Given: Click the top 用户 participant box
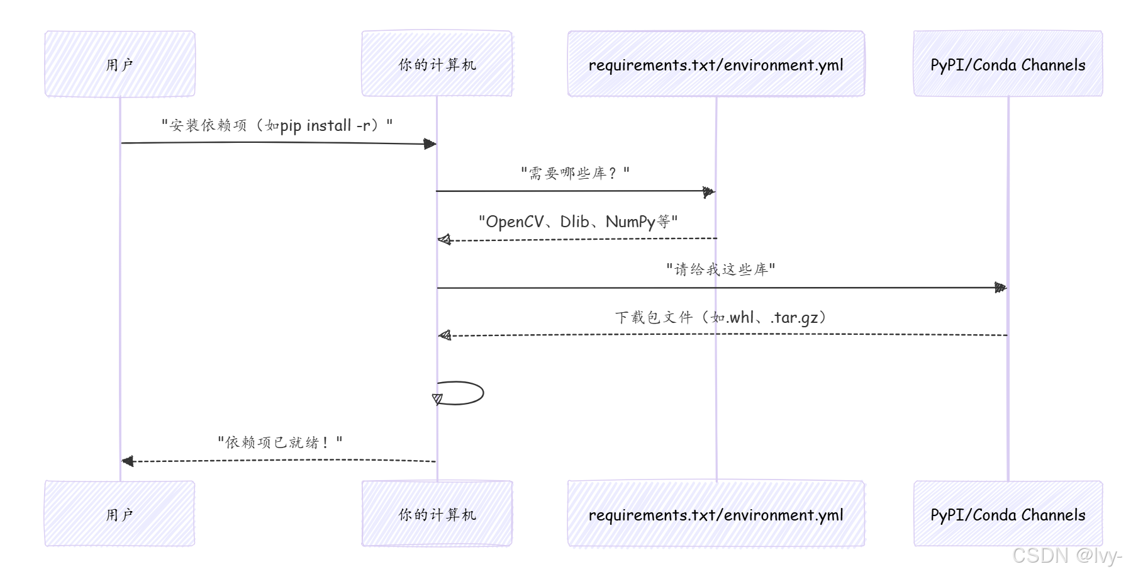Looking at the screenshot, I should pyautogui.click(x=120, y=64).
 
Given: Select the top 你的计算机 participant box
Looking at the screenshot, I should pyautogui.click(x=437, y=64).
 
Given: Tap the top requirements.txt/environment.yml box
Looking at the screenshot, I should pyautogui.click(x=716, y=64).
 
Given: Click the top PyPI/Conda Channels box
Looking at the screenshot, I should pyautogui.click(x=1008, y=64).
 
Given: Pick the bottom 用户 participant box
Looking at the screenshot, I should pyautogui.click(x=120, y=514).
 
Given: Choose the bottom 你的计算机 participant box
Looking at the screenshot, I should pyautogui.click(x=437, y=514).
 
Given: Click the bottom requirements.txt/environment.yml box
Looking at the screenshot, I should pyautogui.click(x=716, y=514).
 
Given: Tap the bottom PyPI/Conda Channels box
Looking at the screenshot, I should pyautogui.click(x=1008, y=514).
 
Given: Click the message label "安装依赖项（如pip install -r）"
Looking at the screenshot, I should pyautogui.click(x=277, y=125).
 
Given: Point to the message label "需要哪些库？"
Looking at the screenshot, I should pyautogui.click(x=575, y=173).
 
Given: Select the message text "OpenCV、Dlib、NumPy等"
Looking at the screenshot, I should pyautogui.click(x=578, y=222).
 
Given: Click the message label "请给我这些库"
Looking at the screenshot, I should pyautogui.click(x=721, y=269).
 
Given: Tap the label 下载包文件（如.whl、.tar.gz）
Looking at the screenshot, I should pyautogui.click(x=721, y=317).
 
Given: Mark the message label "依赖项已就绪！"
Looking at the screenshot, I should pyautogui.click(x=280, y=442).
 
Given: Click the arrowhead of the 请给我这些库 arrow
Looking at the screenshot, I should pyautogui.click(x=1000, y=288).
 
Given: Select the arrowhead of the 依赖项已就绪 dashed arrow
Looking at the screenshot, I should pyautogui.click(x=128, y=461).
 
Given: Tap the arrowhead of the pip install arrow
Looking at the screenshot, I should pyautogui.click(x=430, y=144).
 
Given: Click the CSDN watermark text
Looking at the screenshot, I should pyautogui.click(x=1066, y=555).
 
